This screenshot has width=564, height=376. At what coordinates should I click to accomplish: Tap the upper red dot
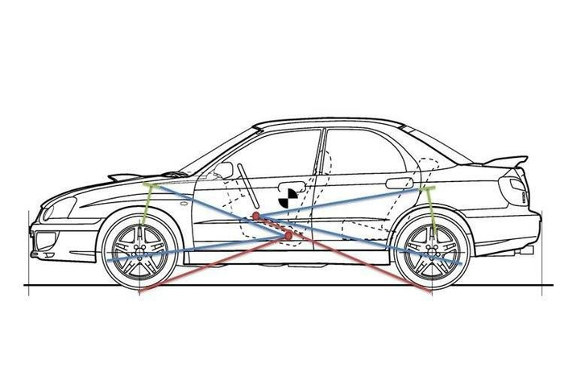coord(255,217)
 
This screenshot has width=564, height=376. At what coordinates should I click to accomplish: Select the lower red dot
coord(288,234)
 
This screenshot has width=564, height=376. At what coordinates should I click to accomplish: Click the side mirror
coord(224,170)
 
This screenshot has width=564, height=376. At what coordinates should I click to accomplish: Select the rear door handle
coord(397,184)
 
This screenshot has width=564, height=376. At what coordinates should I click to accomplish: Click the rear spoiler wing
coord(494,161)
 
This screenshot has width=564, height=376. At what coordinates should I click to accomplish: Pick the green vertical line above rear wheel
coord(433,211)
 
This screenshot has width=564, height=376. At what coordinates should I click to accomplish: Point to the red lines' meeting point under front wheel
coord(142,291)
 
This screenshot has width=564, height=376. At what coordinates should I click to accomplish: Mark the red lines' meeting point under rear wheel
coord(433,291)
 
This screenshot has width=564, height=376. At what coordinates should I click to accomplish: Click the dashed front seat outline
coord(242,209)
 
